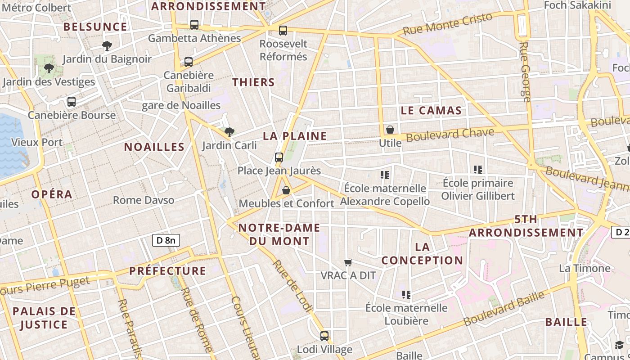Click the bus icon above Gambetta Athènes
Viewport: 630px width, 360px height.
[194, 25]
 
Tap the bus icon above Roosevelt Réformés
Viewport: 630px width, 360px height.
[283, 31]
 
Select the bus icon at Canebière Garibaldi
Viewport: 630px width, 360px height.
[189, 62]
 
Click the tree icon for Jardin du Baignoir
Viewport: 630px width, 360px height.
[107, 45]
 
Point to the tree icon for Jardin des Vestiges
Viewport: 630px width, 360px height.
[49, 68]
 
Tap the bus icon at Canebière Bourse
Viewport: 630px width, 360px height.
[72, 102]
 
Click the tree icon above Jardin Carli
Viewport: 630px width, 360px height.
[229, 132]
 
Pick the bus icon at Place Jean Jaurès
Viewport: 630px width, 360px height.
[279, 157]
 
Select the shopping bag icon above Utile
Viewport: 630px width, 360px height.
[390, 130]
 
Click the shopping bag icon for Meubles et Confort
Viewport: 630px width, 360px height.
[286, 190]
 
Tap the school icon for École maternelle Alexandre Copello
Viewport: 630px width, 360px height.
[385, 175]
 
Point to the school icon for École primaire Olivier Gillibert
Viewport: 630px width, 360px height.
[478, 170]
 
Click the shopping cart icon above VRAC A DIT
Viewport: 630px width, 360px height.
[348, 262]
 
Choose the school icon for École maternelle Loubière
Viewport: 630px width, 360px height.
[406, 295]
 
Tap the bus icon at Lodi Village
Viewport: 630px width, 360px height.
[324, 336]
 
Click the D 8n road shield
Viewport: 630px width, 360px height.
[166, 240]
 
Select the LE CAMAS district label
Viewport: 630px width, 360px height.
[431, 111]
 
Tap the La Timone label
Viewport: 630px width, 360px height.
[584, 269]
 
